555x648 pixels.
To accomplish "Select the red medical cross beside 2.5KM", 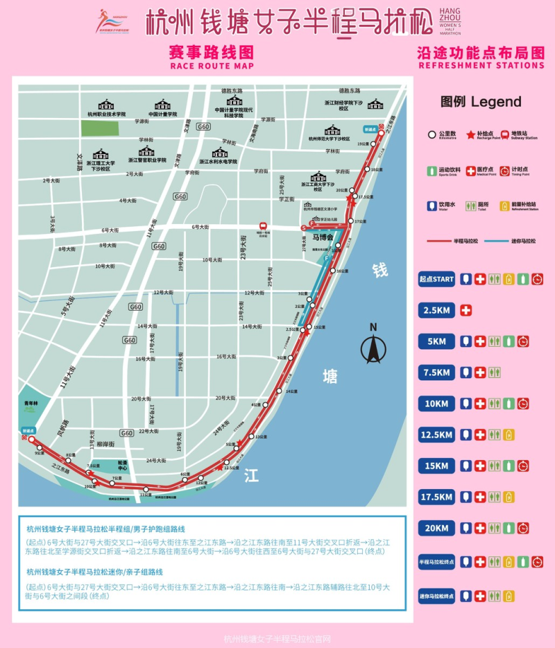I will pyautogui.click(x=466, y=309).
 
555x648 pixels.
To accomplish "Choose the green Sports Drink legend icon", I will pyautogui.click(x=431, y=169).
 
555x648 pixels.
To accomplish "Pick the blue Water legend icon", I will pyautogui.click(x=431, y=205).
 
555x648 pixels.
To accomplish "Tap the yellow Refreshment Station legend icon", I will pyautogui.click(x=512, y=205).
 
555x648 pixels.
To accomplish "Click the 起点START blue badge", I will pyautogui.click(x=435, y=279).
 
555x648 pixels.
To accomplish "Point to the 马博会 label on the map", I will pyautogui.click(x=321, y=237).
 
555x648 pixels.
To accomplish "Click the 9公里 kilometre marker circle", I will pyautogui.click(x=40, y=447).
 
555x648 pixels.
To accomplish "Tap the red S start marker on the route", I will pyautogui.click(x=304, y=228).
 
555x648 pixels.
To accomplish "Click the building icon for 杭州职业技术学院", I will pyautogui.click(x=107, y=105).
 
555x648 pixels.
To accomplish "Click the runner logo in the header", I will pyautogui.click(x=111, y=21).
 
